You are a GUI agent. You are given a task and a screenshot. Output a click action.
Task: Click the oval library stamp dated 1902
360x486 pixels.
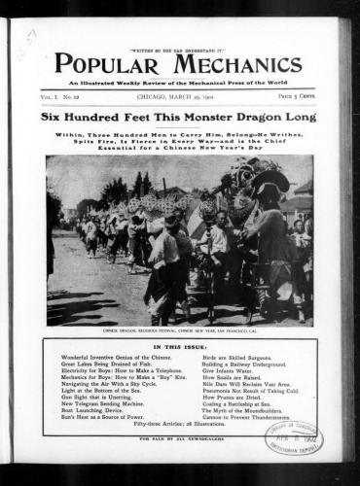click(x=293, y=438)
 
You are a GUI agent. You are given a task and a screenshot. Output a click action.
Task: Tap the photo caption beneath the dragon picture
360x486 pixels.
click(x=177, y=328)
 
